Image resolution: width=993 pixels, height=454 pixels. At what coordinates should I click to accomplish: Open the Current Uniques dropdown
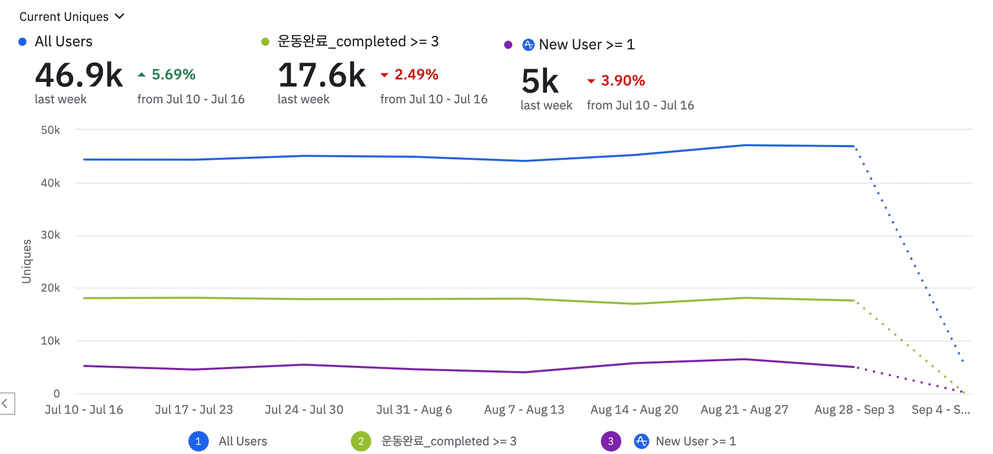72,17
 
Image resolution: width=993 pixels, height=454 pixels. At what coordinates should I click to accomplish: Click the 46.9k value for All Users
79,75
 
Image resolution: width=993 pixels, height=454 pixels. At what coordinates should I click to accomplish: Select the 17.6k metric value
322,75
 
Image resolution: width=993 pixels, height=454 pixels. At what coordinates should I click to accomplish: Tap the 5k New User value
540,81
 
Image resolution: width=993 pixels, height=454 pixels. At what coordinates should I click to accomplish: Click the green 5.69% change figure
173,75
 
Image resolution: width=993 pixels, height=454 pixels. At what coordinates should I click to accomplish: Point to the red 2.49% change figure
416,75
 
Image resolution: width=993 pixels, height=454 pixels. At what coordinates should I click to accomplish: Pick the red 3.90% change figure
622,81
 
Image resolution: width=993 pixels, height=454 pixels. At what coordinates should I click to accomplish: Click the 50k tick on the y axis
50,130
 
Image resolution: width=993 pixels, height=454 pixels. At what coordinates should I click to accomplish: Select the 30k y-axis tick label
50,235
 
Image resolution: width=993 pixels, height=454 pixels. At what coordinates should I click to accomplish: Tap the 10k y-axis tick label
50,341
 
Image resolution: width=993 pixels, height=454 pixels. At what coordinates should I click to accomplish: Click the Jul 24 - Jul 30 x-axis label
304,410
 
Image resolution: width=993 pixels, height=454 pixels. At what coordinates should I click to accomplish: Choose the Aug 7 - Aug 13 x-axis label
524,410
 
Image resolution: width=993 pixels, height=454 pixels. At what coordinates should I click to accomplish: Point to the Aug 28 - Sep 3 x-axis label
854,410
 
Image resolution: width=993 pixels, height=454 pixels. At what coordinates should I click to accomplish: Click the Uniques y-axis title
26,261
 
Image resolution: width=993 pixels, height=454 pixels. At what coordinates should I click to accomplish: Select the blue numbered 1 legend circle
198,441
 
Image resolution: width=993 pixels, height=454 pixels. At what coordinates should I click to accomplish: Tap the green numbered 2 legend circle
361,441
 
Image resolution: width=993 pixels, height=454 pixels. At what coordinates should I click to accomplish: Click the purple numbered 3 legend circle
611,441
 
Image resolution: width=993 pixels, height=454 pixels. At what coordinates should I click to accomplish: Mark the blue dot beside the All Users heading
22,42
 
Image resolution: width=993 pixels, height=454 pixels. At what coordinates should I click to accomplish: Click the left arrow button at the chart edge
6,404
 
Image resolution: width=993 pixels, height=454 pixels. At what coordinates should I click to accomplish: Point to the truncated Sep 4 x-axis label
941,410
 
